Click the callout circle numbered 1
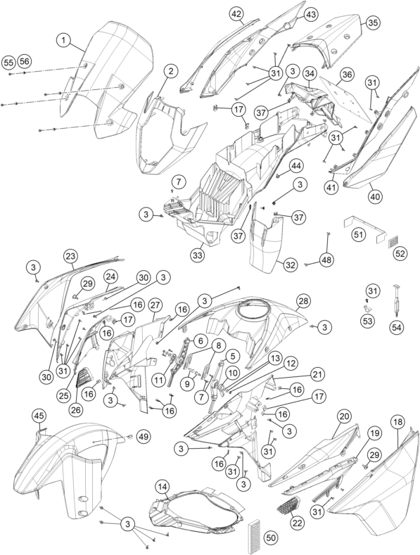(64, 40)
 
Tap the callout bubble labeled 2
(171, 72)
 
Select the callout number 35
(372, 23)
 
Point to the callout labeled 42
(236, 15)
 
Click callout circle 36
(347, 75)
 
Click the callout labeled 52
(400, 253)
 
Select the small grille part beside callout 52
(393, 242)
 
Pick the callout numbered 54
(396, 328)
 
